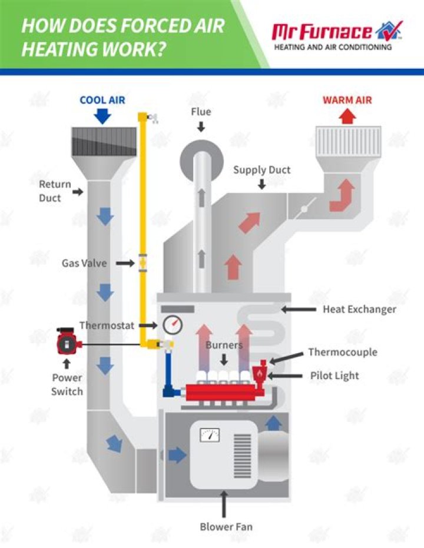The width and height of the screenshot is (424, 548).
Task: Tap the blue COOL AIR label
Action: click(102, 100)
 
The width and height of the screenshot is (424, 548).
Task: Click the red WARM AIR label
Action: click(347, 100)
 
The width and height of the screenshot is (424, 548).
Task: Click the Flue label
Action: click(201, 112)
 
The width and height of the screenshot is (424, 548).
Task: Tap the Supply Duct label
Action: click(261, 170)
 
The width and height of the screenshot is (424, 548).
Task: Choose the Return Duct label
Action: click(54, 191)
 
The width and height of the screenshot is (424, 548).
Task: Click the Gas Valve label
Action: click(84, 263)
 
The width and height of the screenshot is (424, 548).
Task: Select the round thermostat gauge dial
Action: click(171, 324)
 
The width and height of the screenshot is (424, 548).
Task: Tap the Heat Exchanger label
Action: click(359, 309)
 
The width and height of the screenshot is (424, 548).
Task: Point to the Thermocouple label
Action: click(343, 352)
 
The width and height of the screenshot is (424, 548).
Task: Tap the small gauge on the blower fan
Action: click(210, 436)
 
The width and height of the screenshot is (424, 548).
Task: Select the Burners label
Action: click(224, 345)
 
